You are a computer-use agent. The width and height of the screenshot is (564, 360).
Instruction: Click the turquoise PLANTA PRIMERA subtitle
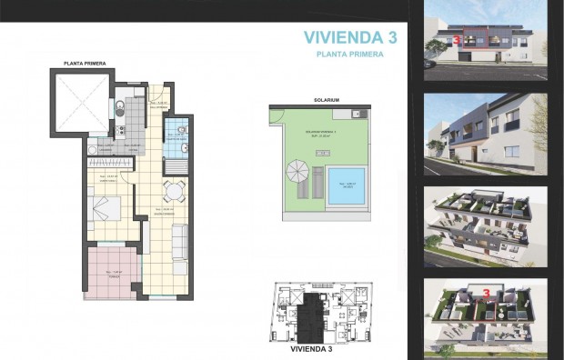coord(348,55)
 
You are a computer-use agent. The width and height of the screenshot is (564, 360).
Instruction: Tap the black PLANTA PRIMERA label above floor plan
coord(87,64)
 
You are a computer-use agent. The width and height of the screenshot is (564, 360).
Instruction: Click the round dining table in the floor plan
coord(175,191)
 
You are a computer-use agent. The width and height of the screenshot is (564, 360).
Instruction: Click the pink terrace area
coord(111,273)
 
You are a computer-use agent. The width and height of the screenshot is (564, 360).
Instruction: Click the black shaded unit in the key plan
coord(315,312)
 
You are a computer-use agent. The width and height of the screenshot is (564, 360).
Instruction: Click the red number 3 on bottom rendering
coord(488,295)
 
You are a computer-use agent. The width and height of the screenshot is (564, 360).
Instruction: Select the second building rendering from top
coord(485,135)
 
